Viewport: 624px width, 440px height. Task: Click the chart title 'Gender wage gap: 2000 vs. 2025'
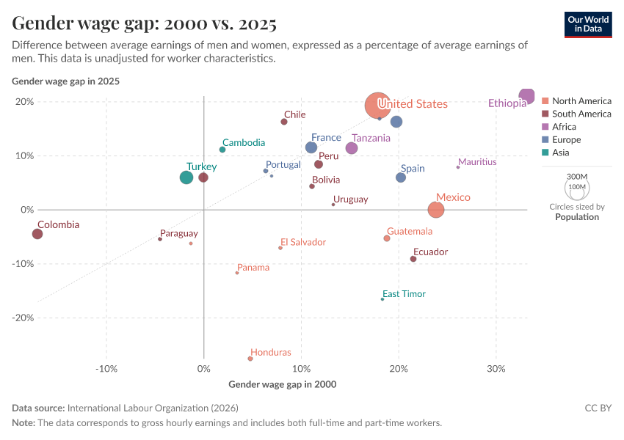[x=145, y=23]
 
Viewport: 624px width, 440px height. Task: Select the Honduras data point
[x=250, y=359]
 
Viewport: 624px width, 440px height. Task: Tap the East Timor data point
[x=382, y=299]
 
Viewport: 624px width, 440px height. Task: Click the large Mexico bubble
[x=436, y=210]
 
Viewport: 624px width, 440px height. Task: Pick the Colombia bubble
[x=37, y=234]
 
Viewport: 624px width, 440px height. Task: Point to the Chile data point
[x=284, y=122]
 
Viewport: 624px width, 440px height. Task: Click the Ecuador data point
[x=413, y=259]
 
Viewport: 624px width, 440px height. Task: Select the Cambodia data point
[x=222, y=150]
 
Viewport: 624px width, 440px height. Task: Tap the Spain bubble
[x=401, y=177]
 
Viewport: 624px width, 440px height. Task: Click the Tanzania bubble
[x=352, y=148]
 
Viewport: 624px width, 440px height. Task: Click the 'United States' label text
[x=412, y=104]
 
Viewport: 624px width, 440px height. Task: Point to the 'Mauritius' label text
[x=477, y=162]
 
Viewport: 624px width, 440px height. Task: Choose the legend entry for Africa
[x=564, y=127]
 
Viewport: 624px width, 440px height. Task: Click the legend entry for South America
[x=581, y=114]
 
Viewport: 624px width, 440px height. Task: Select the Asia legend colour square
[x=545, y=153]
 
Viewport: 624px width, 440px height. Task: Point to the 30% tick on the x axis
[x=496, y=368]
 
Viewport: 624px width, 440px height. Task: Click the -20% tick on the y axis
[x=23, y=318]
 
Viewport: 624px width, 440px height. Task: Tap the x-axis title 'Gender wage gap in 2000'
[x=283, y=384]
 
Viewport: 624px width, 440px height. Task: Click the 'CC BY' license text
[x=598, y=408]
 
